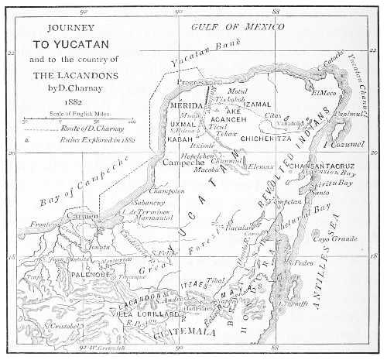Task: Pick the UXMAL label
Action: coord(181,123)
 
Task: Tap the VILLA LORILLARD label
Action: coord(142,315)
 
